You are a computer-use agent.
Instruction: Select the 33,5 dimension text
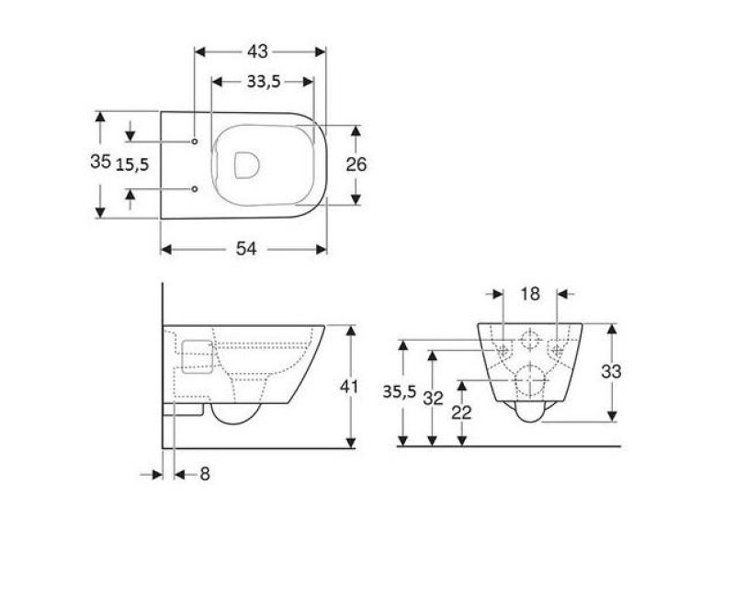[x=262, y=81]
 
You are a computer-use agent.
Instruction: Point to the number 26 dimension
[x=356, y=164]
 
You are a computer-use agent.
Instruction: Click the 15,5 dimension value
[x=132, y=163]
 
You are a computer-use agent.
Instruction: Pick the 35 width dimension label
[x=100, y=162]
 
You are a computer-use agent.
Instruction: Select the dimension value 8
[x=204, y=474]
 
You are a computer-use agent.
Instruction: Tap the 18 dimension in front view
[x=531, y=294]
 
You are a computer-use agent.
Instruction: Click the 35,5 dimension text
[x=399, y=392]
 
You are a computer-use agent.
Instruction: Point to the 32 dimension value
[x=434, y=400]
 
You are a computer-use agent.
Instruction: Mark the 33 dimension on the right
[x=611, y=372]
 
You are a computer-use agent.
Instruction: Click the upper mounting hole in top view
[x=195, y=141]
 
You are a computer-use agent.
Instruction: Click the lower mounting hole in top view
[x=195, y=189]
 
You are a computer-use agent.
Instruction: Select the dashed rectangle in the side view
[x=197, y=356]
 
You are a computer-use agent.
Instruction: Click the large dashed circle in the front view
[x=530, y=380]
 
